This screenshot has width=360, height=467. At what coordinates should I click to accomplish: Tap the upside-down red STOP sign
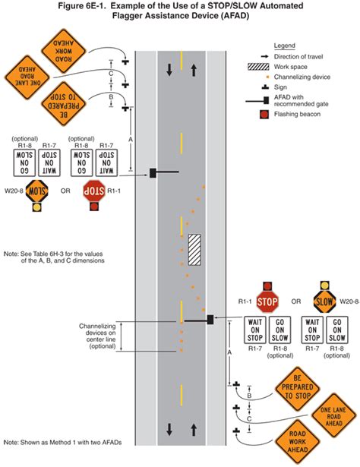click(93, 189)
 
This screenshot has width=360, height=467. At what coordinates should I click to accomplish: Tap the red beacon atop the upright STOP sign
click(267, 286)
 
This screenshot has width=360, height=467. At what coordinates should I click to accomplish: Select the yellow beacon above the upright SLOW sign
click(325, 286)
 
